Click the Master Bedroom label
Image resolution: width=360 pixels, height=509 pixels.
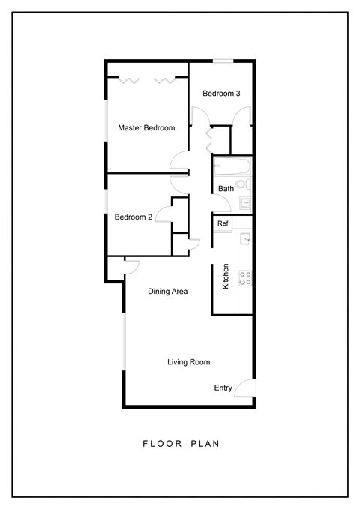tap(146, 128)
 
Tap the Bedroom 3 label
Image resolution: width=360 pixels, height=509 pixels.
tap(222, 94)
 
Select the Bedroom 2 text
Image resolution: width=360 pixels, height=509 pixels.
tap(133, 217)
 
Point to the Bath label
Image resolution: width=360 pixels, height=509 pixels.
tap(226, 189)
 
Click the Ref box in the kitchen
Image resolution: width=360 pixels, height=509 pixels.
tap(223, 224)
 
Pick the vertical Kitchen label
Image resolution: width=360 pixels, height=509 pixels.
tap(225, 276)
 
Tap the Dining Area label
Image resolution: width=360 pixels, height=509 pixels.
tap(167, 292)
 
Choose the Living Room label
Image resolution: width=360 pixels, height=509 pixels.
tap(188, 362)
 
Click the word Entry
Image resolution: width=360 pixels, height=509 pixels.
tap(223, 388)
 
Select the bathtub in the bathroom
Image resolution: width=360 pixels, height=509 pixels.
tap(233, 166)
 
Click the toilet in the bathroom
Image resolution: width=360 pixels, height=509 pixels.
tap(243, 184)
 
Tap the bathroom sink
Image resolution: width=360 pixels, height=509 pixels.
tap(244, 203)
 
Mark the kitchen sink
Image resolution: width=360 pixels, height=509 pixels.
tap(244, 240)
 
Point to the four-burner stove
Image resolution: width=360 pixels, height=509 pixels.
tap(244, 279)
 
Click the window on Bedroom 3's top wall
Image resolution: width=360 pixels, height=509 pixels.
tap(222, 61)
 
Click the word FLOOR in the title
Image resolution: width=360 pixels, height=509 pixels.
tap(157, 444)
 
